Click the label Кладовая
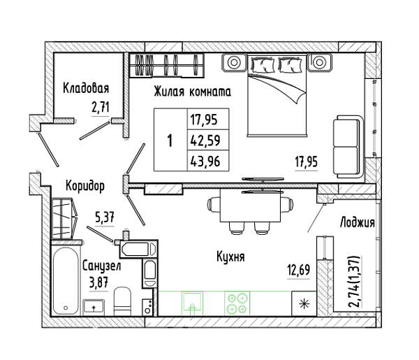[86, 88]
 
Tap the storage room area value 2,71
[101, 108]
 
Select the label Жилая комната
[193, 92]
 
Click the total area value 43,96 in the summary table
[205, 161]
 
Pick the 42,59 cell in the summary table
[205, 140]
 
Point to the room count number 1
[170, 141]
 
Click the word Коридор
[85, 186]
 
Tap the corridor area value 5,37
[105, 217]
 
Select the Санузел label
[101, 266]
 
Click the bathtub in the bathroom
[66, 281]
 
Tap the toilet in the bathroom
[122, 301]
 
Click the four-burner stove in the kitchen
[237, 303]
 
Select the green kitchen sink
[192, 302]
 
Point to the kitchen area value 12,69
[299, 270]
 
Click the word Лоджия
[357, 222]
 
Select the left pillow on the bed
[263, 65]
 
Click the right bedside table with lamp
[319, 62]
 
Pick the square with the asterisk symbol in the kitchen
[304, 303]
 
